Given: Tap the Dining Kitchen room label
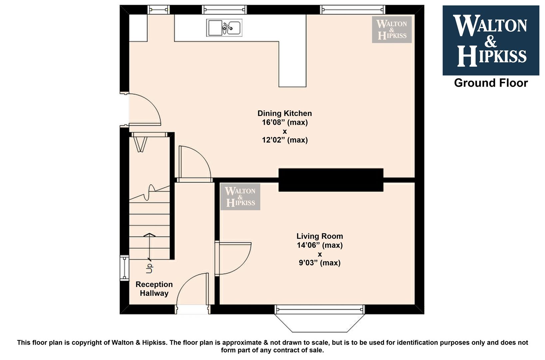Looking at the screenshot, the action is pyautogui.click(x=284, y=113).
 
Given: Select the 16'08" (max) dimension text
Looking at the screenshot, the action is pyautogui.click(x=285, y=122).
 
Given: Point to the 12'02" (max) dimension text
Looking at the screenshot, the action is pyautogui.click(x=285, y=140).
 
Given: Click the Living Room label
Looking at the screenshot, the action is pyautogui.click(x=320, y=236).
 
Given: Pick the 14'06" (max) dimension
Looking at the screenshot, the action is pyautogui.click(x=320, y=245).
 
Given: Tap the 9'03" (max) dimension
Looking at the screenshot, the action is pyautogui.click(x=320, y=263).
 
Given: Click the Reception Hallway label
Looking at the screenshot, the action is pyautogui.click(x=154, y=289).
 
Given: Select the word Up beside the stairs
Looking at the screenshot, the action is pyautogui.click(x=149, y=269).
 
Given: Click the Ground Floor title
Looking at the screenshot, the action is pyautogui.click(x=491, y=83).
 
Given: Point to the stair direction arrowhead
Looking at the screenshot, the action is pyautogui.click(x=149, y=235).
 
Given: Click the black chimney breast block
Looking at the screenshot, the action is pyautogui.click(x=331, y=180).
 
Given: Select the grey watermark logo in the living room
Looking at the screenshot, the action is pyautogui.click(x=240, y=197).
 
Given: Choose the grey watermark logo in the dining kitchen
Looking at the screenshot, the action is pyautogui.click(x=392, y=30).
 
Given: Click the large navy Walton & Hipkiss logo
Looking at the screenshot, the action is pyautogui.click(x=491, y=40).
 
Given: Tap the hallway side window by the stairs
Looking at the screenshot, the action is pyautogui.click(x=125, y=268).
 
